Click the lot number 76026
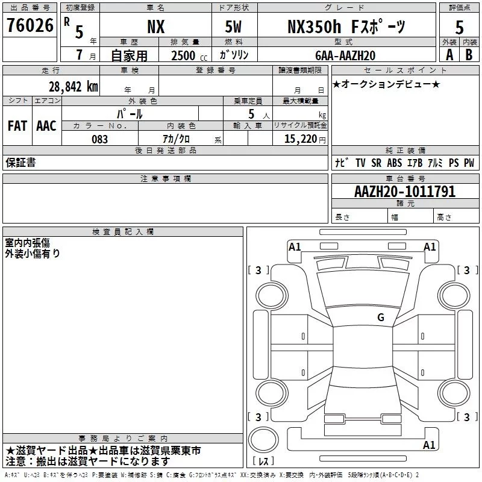point(30,25)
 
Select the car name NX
point(156,27)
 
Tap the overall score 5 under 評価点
point(459,28)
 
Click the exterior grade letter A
point(449,55)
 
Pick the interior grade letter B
point(469,55)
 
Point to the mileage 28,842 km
point(74,87)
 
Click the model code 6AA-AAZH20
point(345,55)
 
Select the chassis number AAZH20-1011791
point(405,192)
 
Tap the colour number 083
point(100,139)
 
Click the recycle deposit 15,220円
point(305,139)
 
